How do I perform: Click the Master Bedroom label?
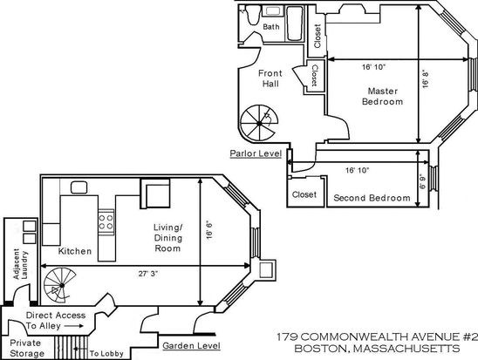pos(383,96)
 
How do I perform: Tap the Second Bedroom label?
pos(372,198)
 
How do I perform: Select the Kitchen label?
pos(75,251)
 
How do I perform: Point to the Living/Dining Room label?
pos(168,238)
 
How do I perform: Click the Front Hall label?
pos(270,78)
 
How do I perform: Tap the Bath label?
pos(271,27)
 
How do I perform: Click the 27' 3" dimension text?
pos(148,274)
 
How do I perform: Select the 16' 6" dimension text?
pos(209,230)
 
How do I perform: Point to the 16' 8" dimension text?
pos(426,78)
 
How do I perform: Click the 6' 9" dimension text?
pos(422,181)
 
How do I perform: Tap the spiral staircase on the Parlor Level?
pos(259,123)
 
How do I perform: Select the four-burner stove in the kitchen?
pos(106,222)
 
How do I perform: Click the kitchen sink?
pos(79,187)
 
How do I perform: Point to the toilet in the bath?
pos(253,15)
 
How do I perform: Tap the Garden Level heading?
pos(191,346)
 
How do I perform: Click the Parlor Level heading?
pos(256,153)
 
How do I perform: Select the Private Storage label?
pos(27,348)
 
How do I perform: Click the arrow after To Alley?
pos(73,326)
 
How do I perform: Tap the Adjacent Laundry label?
pos(21,264)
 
